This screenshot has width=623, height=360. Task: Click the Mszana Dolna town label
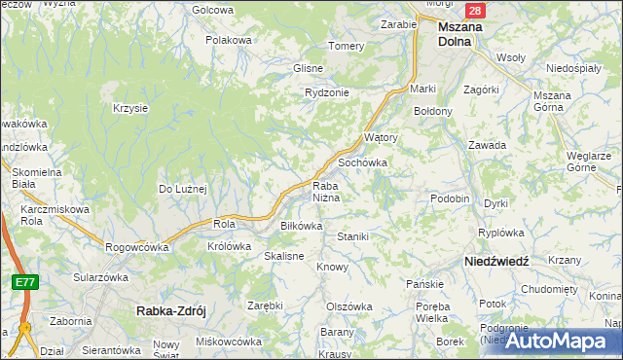click(x=459, y=34)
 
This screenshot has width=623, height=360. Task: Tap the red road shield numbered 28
click(x=474, y=11)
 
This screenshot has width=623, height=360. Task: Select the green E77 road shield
click(x=26, y=281)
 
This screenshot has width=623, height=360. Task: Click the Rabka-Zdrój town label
click(x=169, y=311)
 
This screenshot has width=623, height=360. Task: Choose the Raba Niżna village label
click(x=325, y=192)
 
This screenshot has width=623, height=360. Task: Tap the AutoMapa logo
click(x=561, y=340)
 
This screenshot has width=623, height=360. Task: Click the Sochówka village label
click(x=362, y=162)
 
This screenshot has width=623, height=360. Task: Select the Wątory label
click(x=381, y=138)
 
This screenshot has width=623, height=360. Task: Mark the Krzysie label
click(x=130, y=108)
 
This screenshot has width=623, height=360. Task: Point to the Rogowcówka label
click(x=136, y=247)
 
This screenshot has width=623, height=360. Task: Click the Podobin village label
click(x=450, y=198)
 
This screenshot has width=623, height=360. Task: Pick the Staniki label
click(x=351, y=236)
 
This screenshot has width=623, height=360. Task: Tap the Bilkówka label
click(x=301, y=225)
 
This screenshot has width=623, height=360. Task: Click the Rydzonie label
click(x=326, y=91)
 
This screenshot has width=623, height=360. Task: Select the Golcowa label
click(x=213, y=10)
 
